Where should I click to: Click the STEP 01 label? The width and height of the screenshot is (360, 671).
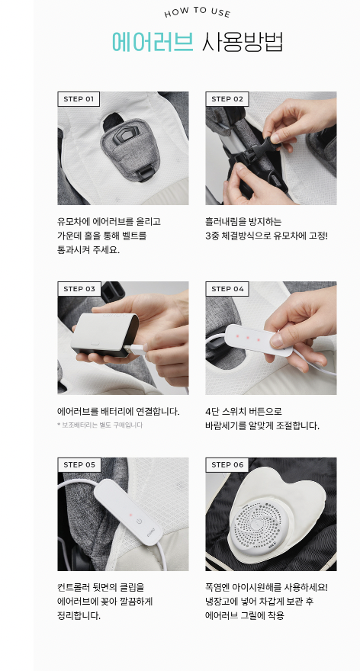pos(79,99)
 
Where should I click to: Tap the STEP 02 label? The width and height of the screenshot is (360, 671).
pos(227,99)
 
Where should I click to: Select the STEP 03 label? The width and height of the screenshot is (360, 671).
pos(79,289)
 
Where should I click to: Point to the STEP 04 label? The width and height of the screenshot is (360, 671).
pos(227,289)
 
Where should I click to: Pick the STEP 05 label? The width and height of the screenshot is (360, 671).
pos(79,464)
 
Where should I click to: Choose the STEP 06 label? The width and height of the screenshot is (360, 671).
pos(227,464)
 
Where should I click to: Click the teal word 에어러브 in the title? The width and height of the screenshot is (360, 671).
pos(153,42)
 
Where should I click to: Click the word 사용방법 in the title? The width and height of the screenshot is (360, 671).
pos(243,42)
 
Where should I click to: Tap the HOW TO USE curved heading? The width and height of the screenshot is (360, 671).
pos(198,12)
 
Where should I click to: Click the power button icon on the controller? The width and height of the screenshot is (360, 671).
pos(138,522)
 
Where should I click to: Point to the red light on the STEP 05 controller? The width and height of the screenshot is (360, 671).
pos(131,515)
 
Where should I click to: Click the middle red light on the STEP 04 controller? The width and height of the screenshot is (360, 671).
pos(247,338)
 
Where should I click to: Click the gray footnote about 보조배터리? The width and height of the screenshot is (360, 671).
pos(100,425)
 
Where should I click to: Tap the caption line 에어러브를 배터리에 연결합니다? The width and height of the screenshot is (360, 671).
pos(118,412)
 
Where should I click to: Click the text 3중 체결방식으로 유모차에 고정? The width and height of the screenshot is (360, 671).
pos(266,236)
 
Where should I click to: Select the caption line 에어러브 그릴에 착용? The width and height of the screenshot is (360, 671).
pos(245,616)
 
